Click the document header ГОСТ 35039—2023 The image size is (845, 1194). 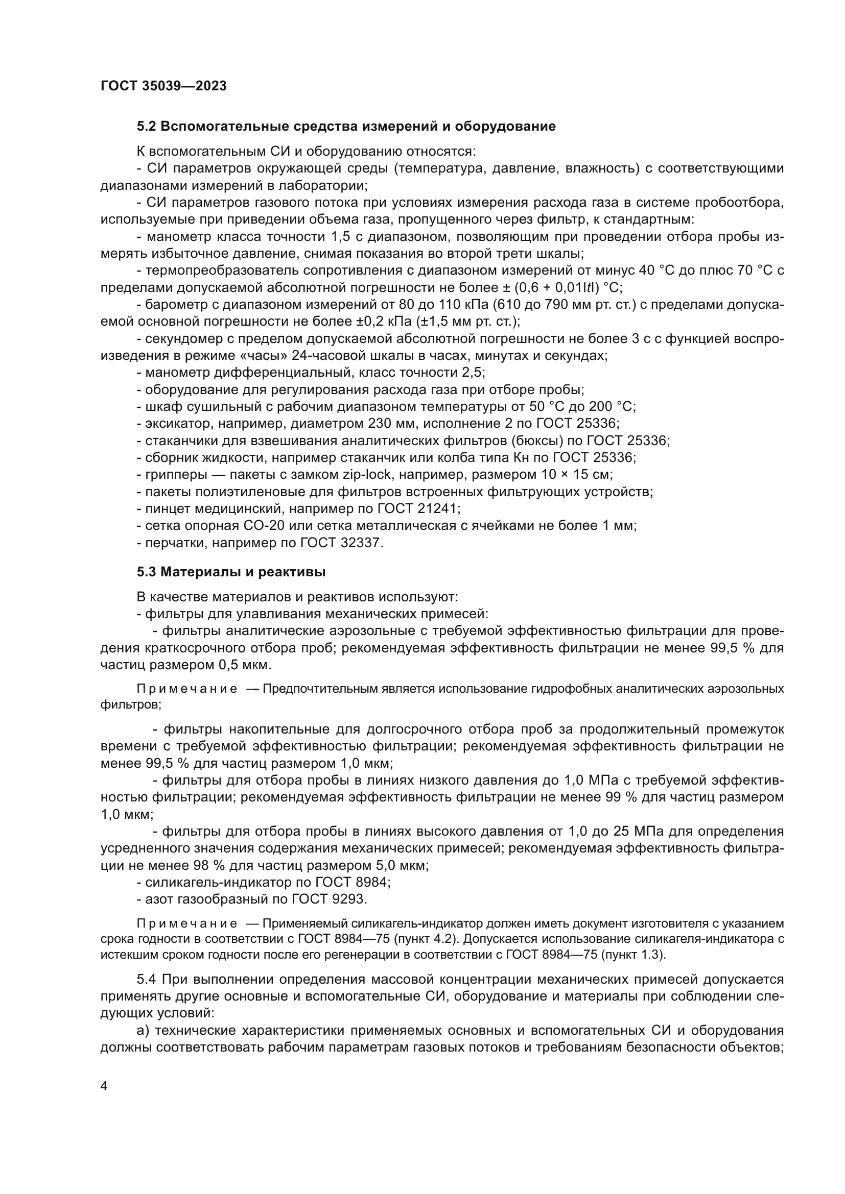point(163,86)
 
